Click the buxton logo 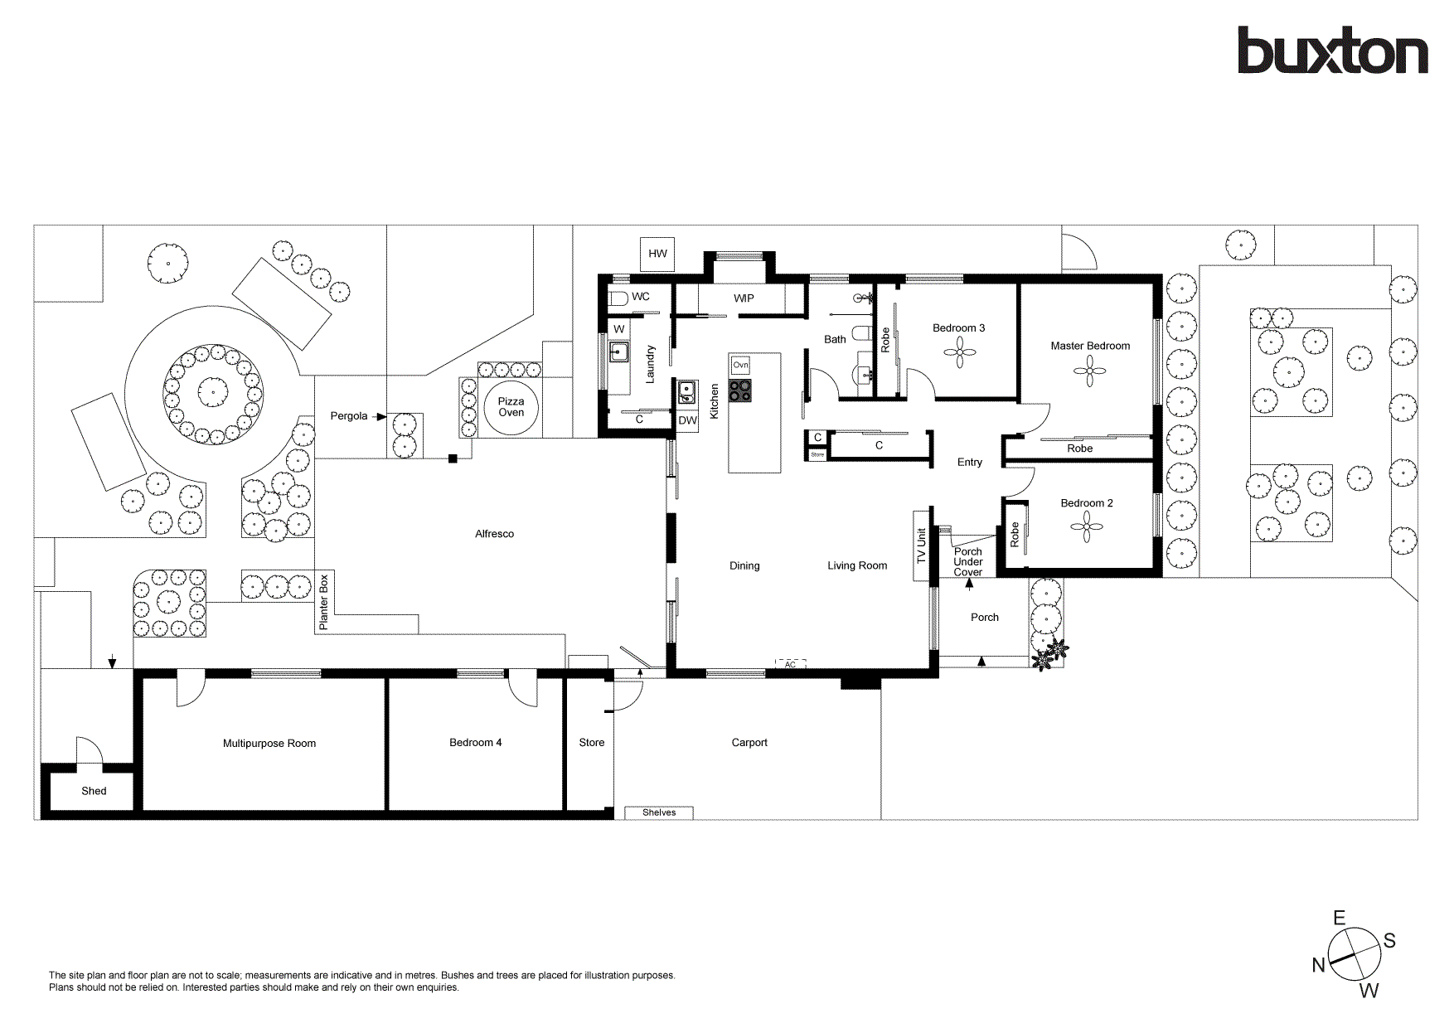[1332, 51]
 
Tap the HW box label [657, 254]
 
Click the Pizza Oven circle [511, 407]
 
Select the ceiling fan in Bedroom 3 [959, 355]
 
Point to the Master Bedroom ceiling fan [1090, 371]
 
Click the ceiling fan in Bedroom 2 [1086, 527]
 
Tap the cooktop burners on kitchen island [740, 390]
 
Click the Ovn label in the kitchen [740, 365]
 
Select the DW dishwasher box [687, 421]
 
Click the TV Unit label [921, 547]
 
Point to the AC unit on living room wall [790, 664]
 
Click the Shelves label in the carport [659, 812]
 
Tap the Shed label [94, 791]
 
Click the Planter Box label [324, 602]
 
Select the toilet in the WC [618, 298]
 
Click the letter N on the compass [1318, 965]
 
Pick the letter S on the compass [1389, 940]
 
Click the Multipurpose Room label [269, 744]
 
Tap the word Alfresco [494, 534]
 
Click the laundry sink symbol [618, 352]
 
